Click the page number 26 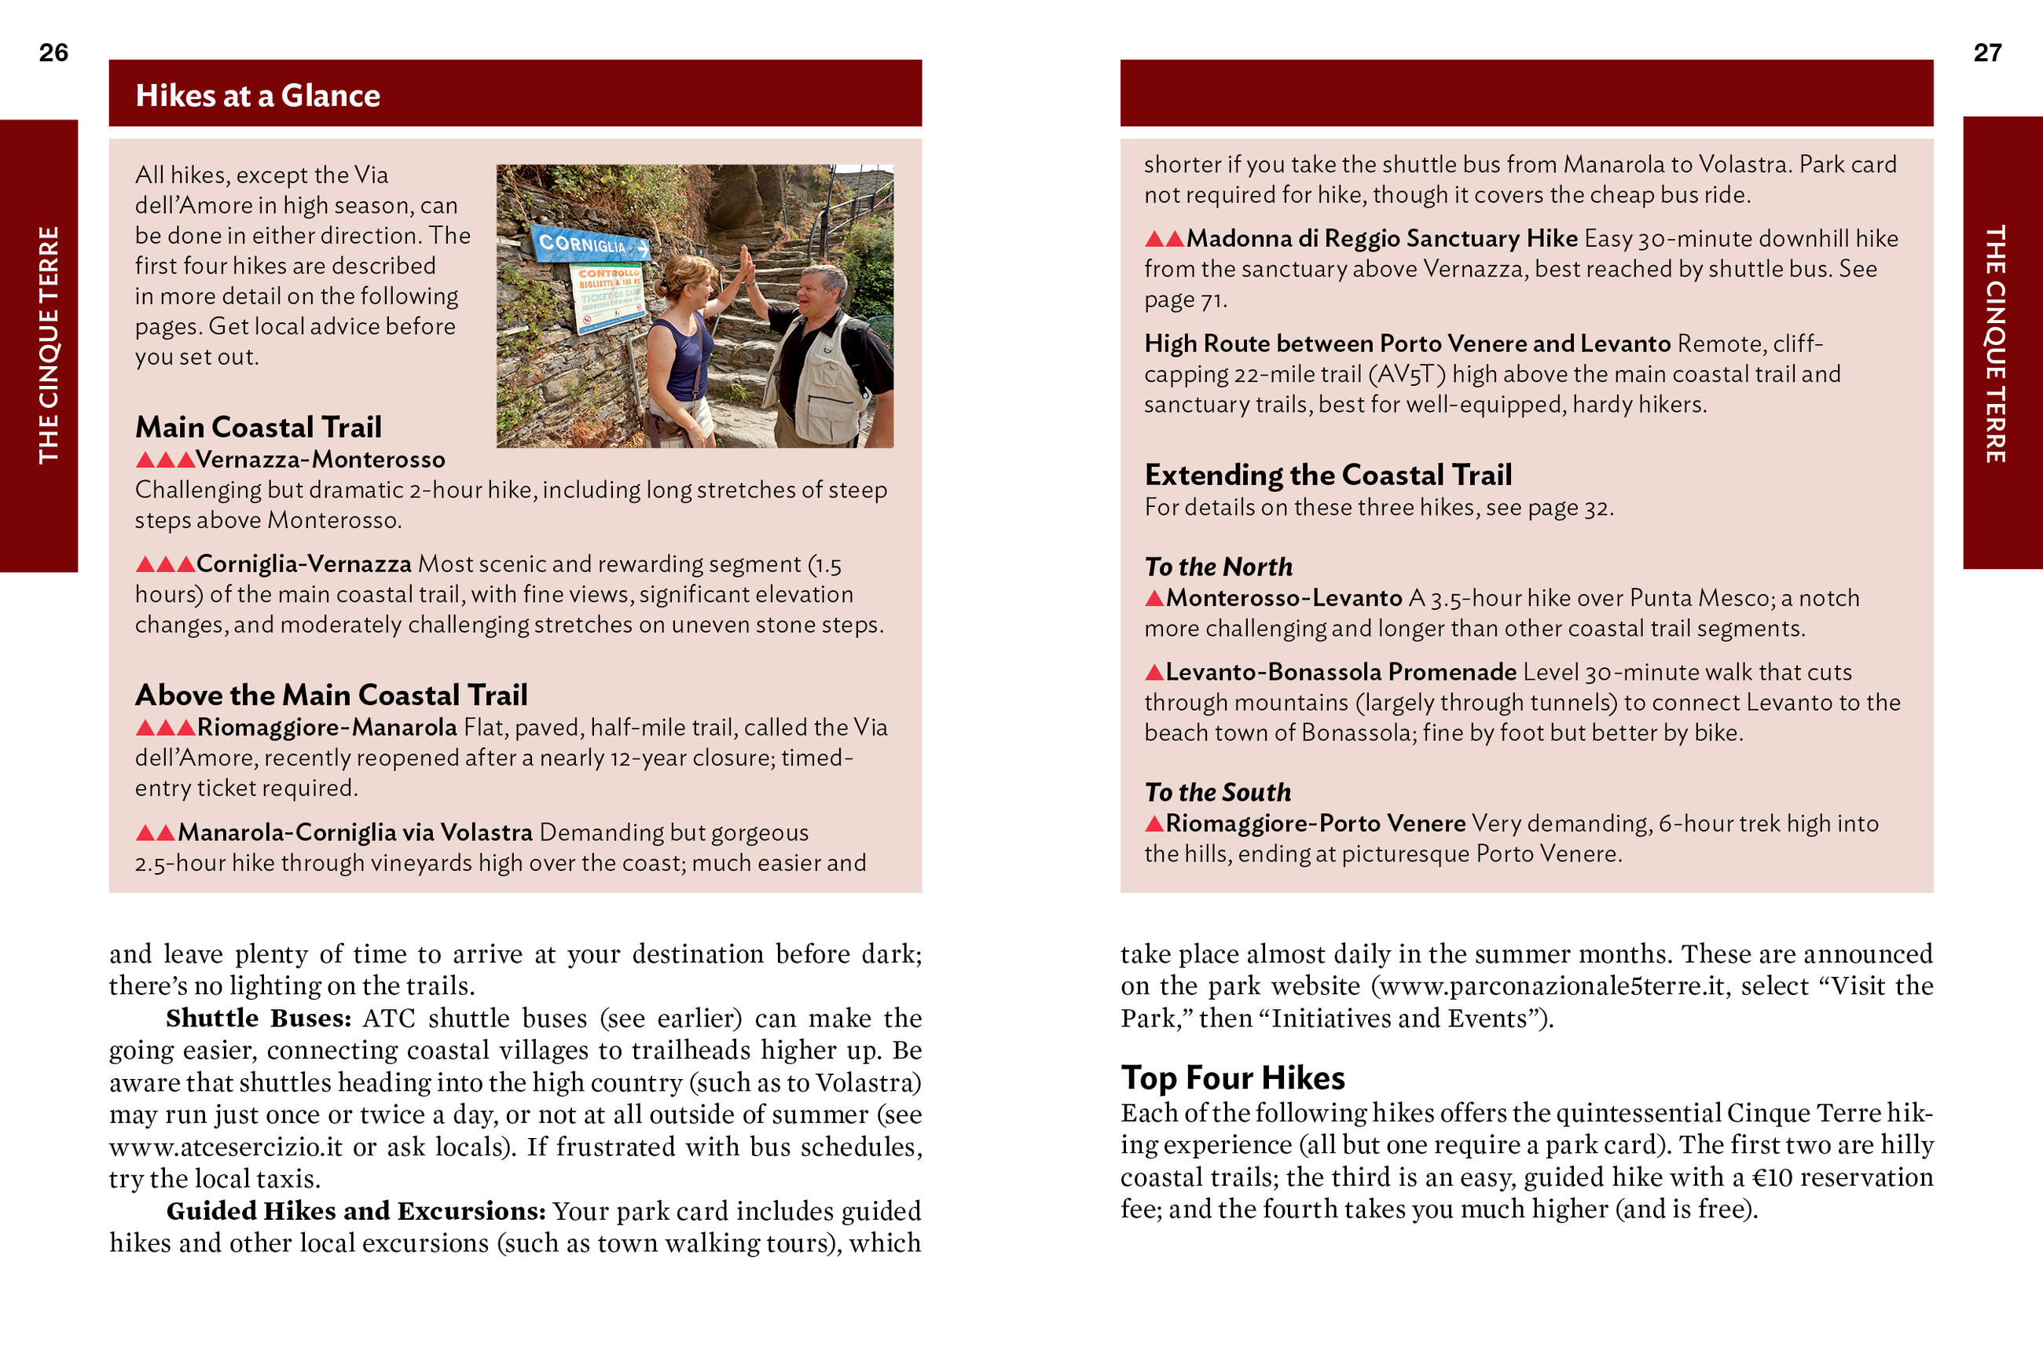pyautogui.click(x=53, y=53)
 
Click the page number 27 pyautogui.click(x=1986, y=53)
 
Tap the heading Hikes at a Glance pyautogui.click(x=257, y=96)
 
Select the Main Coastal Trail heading pyautogui.click(x=258, y=427)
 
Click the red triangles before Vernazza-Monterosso pyautogui.click(x=165, y=460)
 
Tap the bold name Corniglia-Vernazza pyautogui.click(x=303, y=564)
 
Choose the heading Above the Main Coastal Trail pyautogui.click(x=331, y=695)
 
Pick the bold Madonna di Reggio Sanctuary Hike pyautogui.click(x=1381, y=238)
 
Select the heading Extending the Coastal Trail pyautogui.click(x=1328, y=475)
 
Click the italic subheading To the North pyautogui.click(x=1218, y=567)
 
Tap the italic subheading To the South pyautogui.click(x=1217, y=792)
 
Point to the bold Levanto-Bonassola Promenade pyautogui.click(x=1341, y=671)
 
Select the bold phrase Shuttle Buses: pyautogui.click(x=258, y=1018)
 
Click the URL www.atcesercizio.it pyautogui.click(x=226, y=1147)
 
